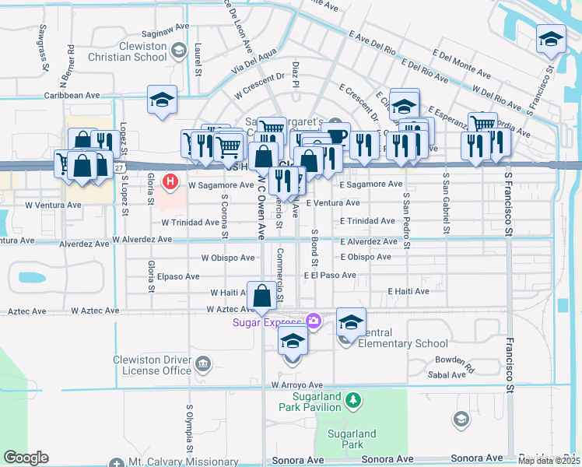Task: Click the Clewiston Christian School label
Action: (x=145, y=51)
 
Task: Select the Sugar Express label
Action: (x=266, y=322)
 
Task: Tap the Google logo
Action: (x=27, y=458)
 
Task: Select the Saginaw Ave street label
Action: (x=165, y=34)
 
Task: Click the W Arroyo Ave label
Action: (x=296, y=385)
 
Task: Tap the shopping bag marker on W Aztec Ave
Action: (x=262, y=296)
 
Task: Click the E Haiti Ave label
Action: (x=408, y=292)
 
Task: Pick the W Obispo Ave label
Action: (x=227, y=258)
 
